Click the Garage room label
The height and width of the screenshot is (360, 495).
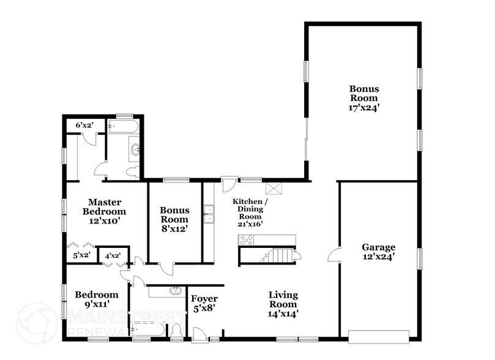click(379, 248)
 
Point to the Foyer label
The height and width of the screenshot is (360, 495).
click(204, 299)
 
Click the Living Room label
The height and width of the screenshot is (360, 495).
click(283, 299)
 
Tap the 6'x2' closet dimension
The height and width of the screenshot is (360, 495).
click(83, 125)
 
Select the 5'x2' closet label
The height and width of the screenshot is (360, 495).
click(81, 255)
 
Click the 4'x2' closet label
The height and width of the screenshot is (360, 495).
click(113, 255)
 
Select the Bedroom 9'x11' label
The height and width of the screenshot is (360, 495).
click(97, 299)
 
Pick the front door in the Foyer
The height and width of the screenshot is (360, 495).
click(199, 334)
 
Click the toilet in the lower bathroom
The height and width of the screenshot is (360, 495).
click(176, 331)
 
